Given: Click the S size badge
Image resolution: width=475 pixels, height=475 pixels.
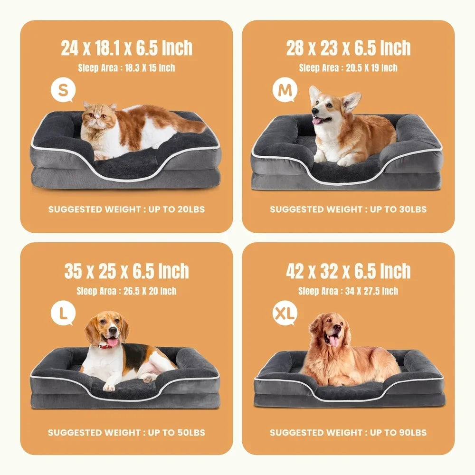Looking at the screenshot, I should point(63,90).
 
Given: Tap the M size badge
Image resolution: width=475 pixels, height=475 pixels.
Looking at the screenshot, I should point(284,91).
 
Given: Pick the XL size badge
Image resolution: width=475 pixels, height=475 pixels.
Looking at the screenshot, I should point(284,313).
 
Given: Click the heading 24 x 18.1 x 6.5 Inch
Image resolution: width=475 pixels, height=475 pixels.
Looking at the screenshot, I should point(126,48).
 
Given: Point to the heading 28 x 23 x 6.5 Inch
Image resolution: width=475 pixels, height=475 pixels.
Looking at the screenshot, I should point(348,48).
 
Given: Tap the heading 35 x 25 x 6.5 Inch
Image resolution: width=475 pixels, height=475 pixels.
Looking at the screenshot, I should point(126,271).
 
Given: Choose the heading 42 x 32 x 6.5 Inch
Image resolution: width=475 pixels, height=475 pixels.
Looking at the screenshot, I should point(348,271).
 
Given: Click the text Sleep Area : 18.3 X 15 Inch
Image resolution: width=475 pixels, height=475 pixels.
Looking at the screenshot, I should point(126,68).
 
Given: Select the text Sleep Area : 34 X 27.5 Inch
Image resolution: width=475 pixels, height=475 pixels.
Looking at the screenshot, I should point(348,291).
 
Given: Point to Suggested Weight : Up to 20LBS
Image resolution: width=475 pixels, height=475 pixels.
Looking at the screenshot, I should point(126,209).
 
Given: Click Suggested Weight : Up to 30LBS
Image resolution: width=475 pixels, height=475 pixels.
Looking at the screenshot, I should point(348,209).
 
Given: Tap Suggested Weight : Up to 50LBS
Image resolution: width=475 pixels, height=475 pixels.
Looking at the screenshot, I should point(126,432).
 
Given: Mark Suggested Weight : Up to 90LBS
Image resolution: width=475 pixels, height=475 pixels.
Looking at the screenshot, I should point(348,432).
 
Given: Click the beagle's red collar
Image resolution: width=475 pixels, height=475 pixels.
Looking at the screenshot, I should point(107,345).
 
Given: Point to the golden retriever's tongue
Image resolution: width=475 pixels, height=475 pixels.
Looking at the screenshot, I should point(334,342).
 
